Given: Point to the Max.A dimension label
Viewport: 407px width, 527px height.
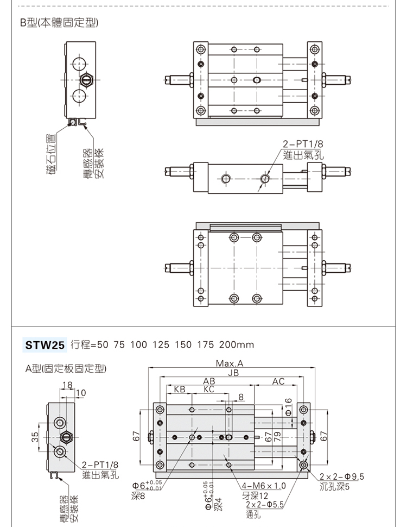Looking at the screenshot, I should click(230, 363).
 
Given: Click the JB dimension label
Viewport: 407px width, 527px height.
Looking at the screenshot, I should click(233, 373).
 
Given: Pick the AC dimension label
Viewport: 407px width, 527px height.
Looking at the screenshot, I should click(278, 381).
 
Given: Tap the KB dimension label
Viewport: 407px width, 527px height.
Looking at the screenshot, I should click(180, 390).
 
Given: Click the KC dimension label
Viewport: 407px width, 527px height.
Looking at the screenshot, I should click(209, 390).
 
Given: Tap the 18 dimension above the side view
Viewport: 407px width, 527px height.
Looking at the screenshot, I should click(67, 385).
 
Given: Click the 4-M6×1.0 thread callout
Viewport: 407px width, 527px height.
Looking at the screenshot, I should click(264, 486).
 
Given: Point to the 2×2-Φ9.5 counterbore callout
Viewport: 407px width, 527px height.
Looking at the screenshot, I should click(342, 477).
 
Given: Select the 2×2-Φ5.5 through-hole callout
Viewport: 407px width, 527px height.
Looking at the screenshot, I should click(264, 504).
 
